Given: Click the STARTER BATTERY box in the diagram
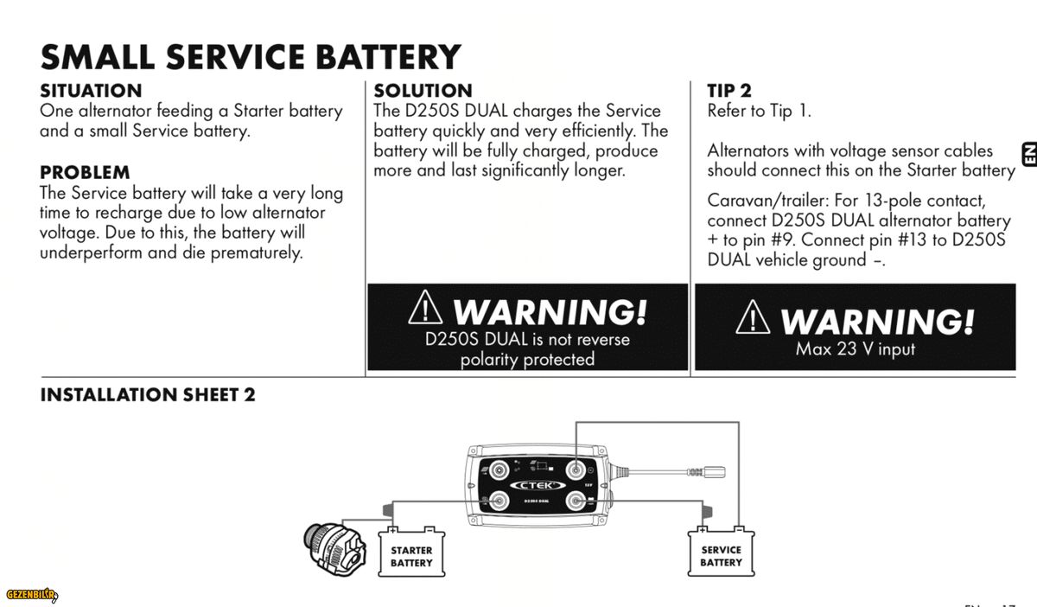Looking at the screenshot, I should pos(411,556).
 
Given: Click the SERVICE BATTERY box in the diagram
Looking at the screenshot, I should pos(721,556).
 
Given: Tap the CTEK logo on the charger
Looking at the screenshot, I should pos(536,486).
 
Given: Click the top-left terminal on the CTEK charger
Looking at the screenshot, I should pos(499,470).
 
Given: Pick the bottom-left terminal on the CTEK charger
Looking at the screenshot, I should pos(499,502).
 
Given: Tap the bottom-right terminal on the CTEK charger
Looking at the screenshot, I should pos(575,502).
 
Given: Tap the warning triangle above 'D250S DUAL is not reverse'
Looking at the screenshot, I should pos(425,308).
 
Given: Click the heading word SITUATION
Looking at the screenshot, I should pos(91,91).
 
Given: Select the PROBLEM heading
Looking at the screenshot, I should pos(85,173).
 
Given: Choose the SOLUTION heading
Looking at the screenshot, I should pos(423,91).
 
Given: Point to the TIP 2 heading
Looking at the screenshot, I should pos(729,91).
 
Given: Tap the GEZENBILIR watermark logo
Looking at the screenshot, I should pos(31,594).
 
